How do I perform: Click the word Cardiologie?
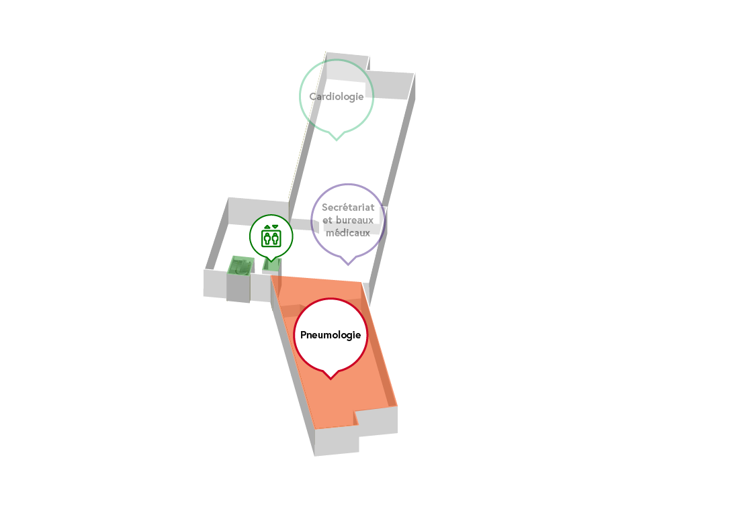(x=337, y=97)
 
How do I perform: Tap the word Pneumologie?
(x=331, y=336)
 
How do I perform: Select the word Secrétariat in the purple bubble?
(x=348, y=207)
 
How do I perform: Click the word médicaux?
(x=348, y=232)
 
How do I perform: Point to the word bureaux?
(x=355, y=220)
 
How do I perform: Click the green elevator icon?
(x=271, y=236)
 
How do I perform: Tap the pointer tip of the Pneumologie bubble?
(x=331, y=379)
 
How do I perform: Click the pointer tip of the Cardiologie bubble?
(x=337, y=140)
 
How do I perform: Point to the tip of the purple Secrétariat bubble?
(x=348, y=265)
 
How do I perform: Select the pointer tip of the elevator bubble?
(x=271, y=261)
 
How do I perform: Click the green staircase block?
(x=241, y=265)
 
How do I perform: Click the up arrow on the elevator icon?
(x=267, y=227)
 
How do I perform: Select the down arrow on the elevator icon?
(x=275, y=227)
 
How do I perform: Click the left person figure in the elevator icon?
(x=267, y=238)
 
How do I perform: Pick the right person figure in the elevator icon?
(x=275, y=238)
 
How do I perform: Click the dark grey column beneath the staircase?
(x=238, y=288)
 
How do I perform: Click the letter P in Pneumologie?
(x=304, y=335)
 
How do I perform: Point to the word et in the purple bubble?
(x=327, y=220)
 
